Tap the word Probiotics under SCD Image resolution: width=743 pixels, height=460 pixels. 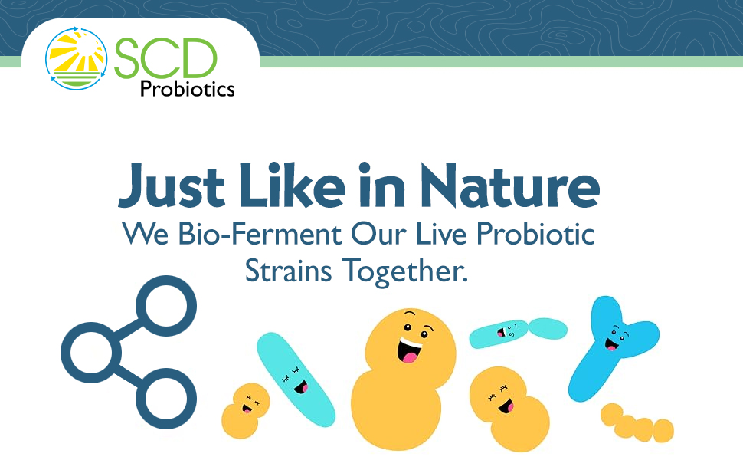coord(187,89)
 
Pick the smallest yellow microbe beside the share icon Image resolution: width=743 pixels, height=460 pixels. coord(244,410)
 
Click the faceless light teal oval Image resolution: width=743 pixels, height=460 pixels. coord(547,328)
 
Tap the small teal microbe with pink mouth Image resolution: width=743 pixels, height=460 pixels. coord(499,333)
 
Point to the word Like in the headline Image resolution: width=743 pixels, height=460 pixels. coord(288,187)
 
